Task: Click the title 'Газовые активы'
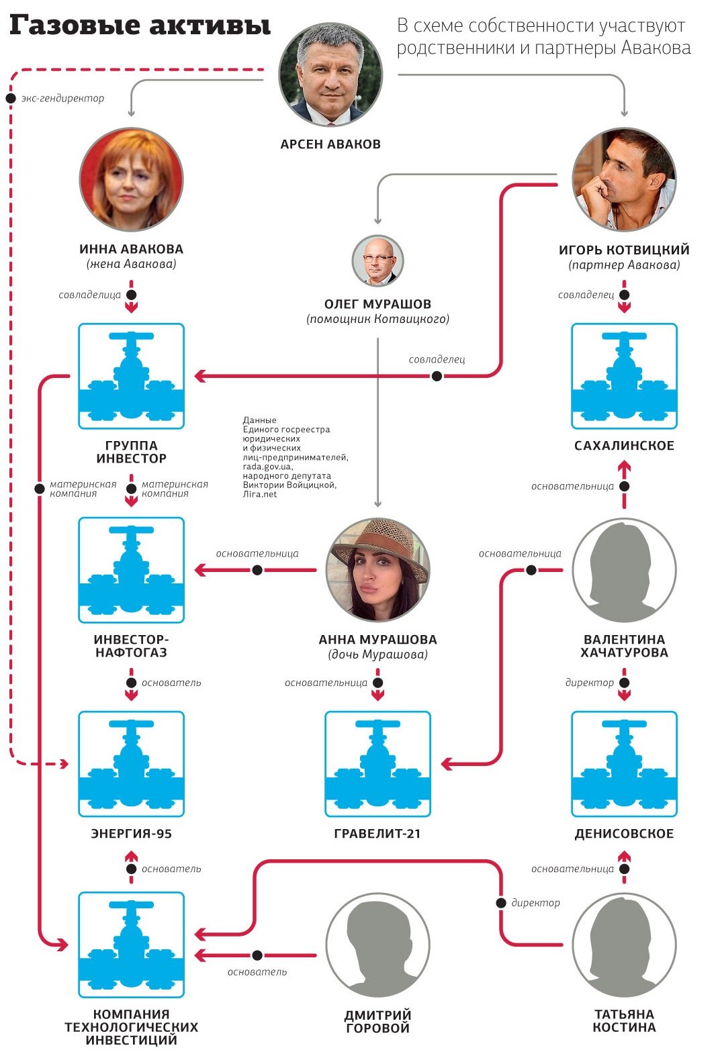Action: (140, 26)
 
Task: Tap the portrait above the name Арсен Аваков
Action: (330, 75)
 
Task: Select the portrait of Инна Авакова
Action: (131, 180)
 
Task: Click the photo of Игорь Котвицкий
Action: (624, 180)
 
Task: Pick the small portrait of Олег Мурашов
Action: (377, 261)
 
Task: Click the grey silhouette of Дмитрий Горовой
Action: (377, 945)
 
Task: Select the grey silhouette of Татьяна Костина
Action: (624, 945)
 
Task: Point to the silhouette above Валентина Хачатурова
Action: (624, 570)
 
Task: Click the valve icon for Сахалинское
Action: (624, 376)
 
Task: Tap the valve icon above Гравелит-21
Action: (377, 764)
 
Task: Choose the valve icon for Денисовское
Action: (624, 764)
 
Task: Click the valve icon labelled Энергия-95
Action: (131, 764)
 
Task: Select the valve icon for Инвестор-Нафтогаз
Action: (131, 570)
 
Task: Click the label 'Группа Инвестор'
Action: (131, 452)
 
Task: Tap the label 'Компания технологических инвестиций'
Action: (131, 1027)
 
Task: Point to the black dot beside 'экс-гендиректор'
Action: (11, 99)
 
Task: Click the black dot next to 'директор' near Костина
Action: (501, 903)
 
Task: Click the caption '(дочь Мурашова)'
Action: (377, 655)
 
